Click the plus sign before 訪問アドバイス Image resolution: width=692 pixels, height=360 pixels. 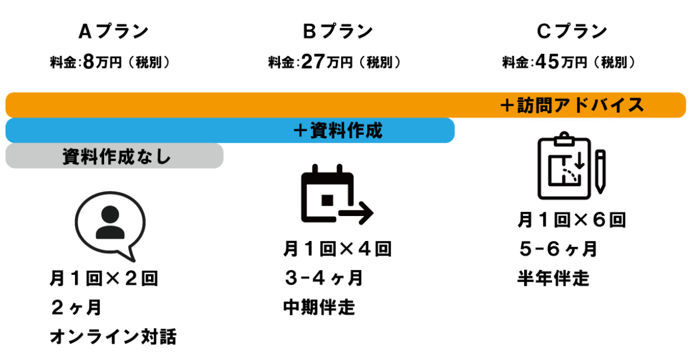click(508, 105)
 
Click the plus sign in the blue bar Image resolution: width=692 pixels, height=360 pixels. click(301, 131)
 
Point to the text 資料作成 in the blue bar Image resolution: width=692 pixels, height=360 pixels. click(346, 131)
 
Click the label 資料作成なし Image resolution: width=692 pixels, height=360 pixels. click(116, 156)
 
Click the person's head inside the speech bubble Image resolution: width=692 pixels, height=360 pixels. click(110, 214)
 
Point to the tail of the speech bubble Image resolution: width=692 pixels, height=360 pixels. click(130, 255)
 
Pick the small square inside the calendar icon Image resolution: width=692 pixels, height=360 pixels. click(327, 200)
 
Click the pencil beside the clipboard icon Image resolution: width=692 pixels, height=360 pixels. click(600, 171)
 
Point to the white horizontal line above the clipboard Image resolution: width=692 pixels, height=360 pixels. click(572, 121)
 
